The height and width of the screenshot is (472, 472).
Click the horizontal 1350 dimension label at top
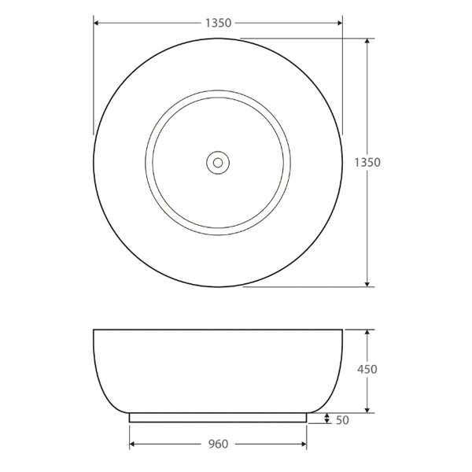(218, 23)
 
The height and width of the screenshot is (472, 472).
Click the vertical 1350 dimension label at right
(367, 163)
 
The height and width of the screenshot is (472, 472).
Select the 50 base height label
(341, 420)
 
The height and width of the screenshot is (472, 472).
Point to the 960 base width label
(218, 444)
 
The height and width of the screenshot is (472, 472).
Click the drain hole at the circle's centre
(218, 163)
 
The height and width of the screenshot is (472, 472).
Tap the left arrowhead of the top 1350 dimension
(98, 23)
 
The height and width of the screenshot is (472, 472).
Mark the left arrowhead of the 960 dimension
(133, 444)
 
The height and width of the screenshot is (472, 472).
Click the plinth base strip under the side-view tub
(218, 418)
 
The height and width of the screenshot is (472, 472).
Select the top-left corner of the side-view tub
(94, 330)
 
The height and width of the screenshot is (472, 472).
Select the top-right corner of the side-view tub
(343, 330)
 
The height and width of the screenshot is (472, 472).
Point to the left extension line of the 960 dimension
(130, 437)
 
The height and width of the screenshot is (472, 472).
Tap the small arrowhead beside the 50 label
(327, 419)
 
